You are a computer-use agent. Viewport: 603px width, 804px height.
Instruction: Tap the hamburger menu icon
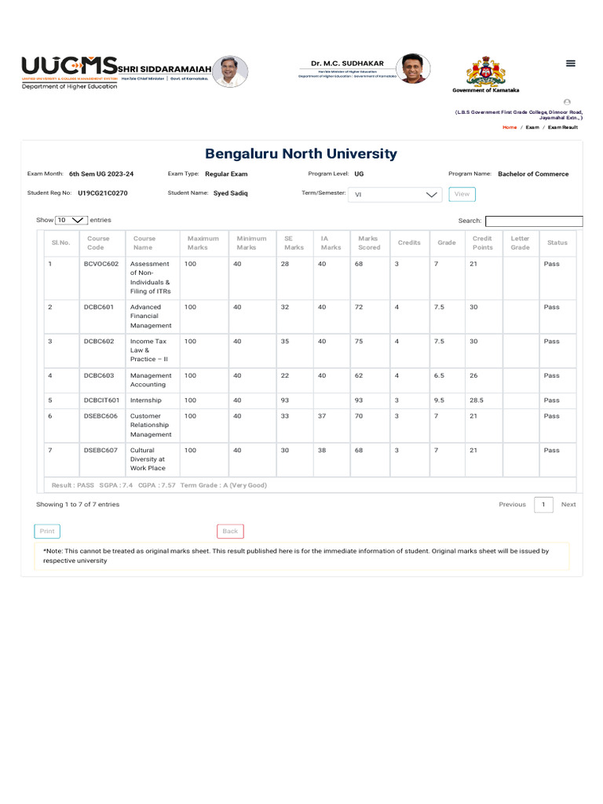[571, 64]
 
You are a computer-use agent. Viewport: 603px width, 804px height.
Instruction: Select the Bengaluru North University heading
[301, 154]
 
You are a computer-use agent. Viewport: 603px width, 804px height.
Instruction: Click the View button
[462, 194]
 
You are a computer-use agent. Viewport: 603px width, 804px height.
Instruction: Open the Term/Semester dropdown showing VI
[395, 194]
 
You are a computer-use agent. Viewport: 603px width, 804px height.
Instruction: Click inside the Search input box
[534, 221]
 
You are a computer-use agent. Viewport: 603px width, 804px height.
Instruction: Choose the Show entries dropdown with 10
[71, 221]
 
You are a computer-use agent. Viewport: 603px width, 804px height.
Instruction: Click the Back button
[230, 532]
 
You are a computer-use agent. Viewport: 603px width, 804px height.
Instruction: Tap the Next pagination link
[568, 505]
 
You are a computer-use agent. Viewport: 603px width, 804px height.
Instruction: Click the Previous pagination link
[512, 505]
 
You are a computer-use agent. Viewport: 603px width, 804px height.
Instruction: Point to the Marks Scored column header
[368, 243]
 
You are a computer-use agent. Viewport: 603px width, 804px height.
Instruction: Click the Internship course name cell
[146, 400]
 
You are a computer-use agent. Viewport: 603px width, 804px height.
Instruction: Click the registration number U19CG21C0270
[103, 192]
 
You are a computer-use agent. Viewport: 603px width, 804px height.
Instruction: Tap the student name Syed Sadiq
[230, 192]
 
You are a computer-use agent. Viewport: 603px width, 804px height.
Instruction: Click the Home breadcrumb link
[510, 127]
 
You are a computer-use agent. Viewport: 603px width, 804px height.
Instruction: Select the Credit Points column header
[482, 243]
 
